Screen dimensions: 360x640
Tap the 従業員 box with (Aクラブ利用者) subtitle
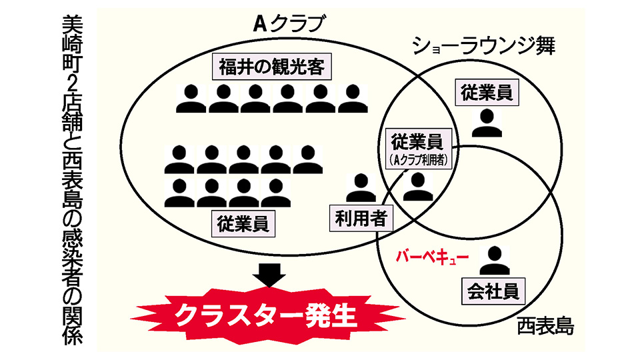coord(417,147)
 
